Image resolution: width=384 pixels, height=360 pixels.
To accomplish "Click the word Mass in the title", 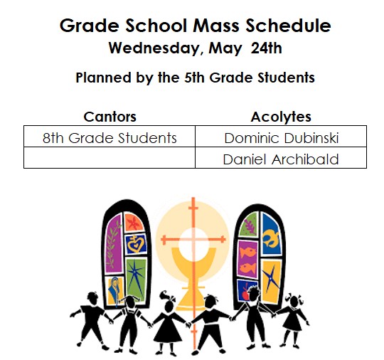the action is (x=216, y=26).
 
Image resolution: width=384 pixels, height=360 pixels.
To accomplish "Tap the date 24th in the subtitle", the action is (x=266, y=48).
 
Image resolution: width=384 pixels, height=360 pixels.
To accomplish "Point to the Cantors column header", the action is (x=110, y=117).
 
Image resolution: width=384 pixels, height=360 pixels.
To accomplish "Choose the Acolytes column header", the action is (x=281, y=117).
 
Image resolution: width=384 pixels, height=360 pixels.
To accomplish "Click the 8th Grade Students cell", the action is (x=110, y=138).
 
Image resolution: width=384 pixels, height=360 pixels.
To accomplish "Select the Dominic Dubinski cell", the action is (x=282, y=138).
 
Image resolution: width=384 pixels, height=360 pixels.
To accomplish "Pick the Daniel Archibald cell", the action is (x=281, y=159).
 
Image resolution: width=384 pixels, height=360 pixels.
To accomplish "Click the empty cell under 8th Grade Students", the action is (x=110, y=157).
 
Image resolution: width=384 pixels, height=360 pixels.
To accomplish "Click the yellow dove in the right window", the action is (x=270, y=238).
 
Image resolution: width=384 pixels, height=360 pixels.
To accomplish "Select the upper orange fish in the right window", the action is (x=248, y=252).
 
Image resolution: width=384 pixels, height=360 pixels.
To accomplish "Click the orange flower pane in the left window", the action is (x=133, y=222).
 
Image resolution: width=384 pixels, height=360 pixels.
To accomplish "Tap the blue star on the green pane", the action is (x=135, y=275).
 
